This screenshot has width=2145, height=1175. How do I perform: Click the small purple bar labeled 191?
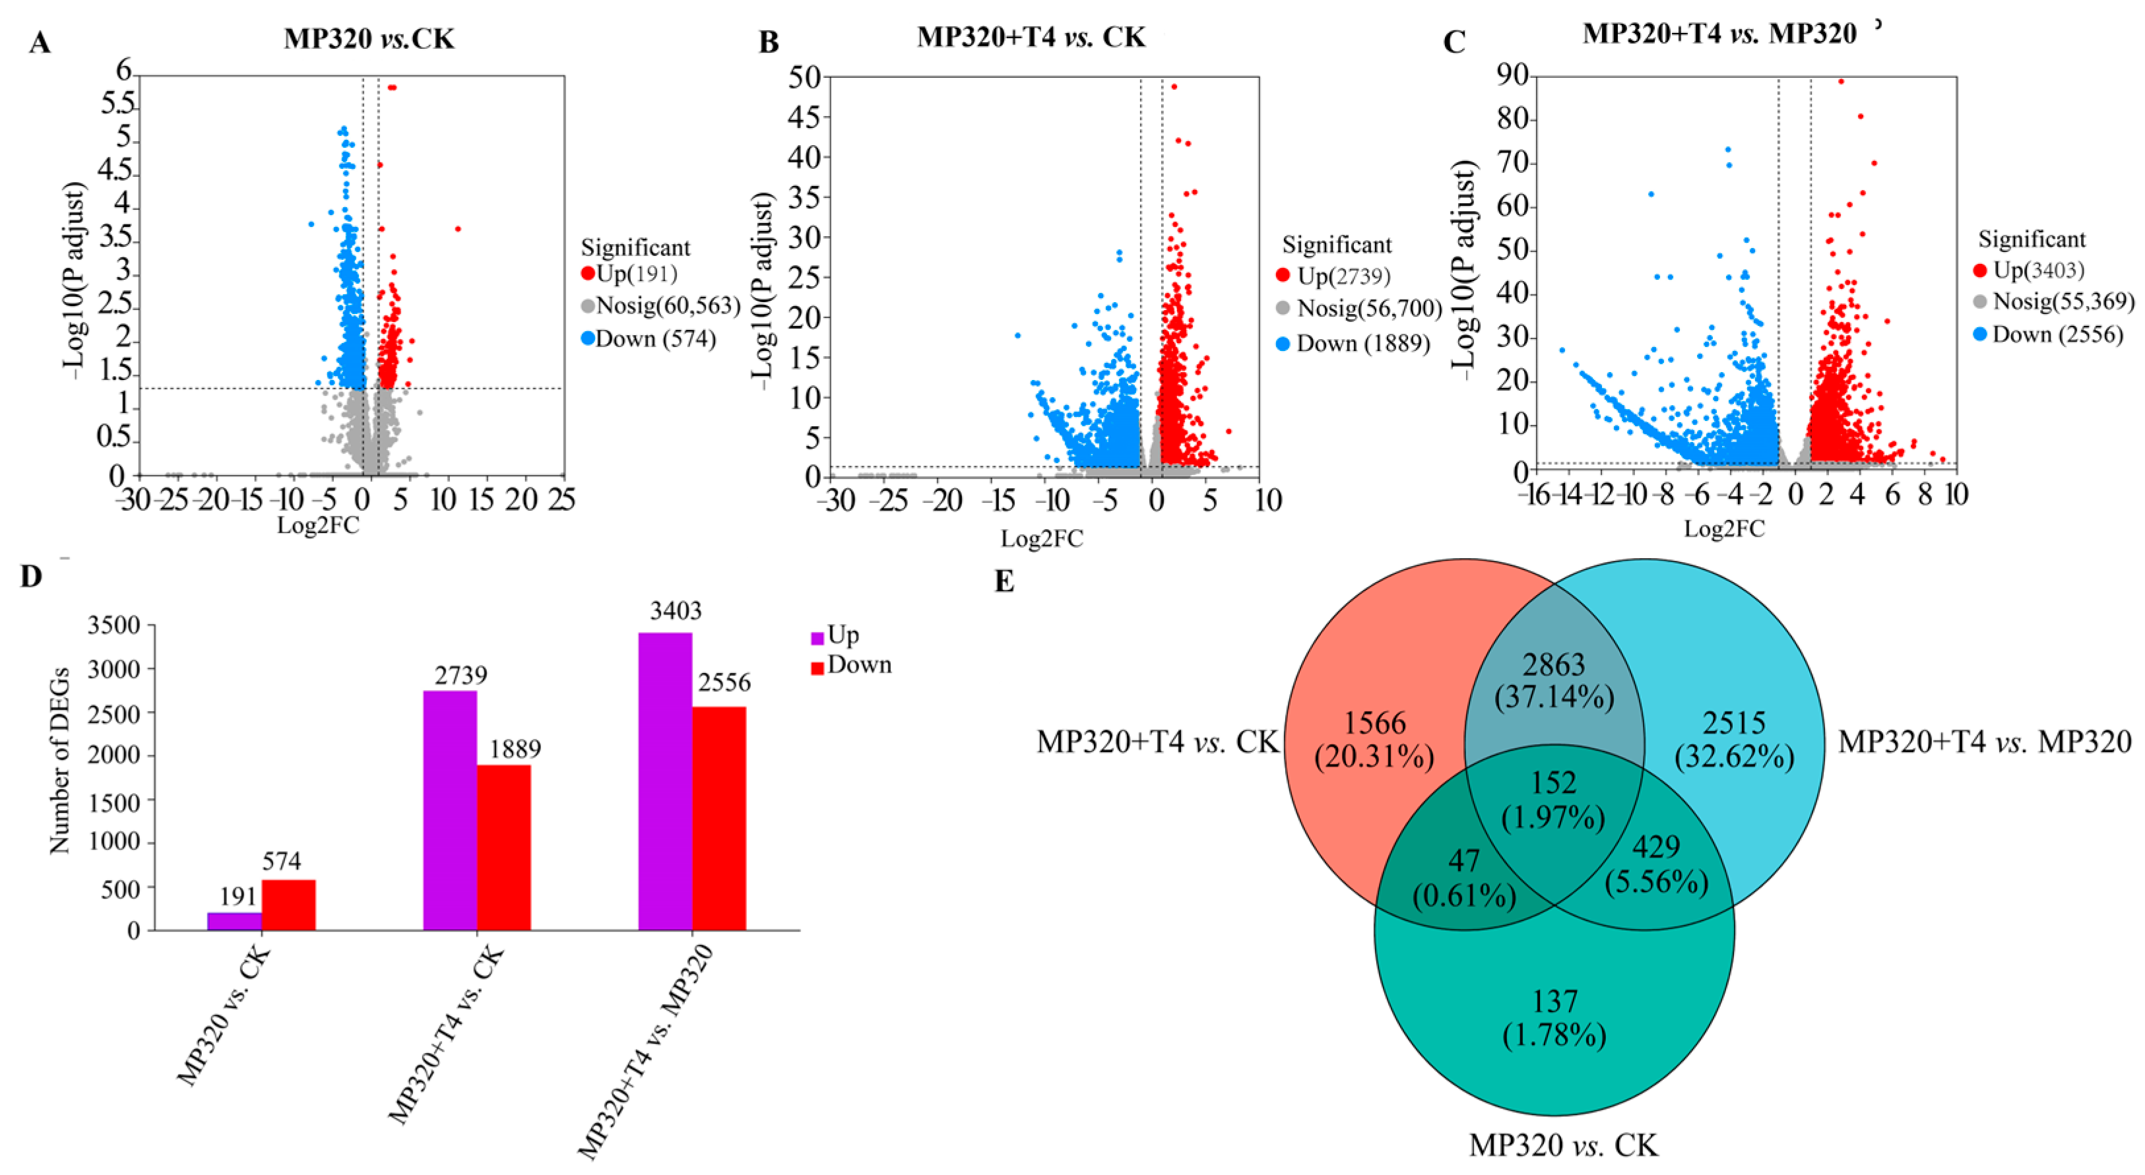[x=234, y=921]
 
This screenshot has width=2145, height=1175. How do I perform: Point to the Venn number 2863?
[x=1554, y=664]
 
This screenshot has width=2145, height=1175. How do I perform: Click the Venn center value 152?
[x=1554, y=782]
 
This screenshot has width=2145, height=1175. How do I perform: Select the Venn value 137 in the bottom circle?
[x=1554, y=1001]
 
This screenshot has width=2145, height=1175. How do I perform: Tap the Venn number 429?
[x=1655, y=847]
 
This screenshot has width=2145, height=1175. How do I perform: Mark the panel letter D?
[x=31, y=576]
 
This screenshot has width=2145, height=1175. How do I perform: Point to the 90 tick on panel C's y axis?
[x=1512, y=76]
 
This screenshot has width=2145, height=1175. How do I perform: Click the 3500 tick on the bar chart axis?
[x=114, y=625]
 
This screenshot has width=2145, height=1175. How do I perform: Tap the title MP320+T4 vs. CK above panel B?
[x=1031, y=38]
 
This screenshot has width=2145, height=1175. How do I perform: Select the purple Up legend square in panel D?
[x=817, y=638]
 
